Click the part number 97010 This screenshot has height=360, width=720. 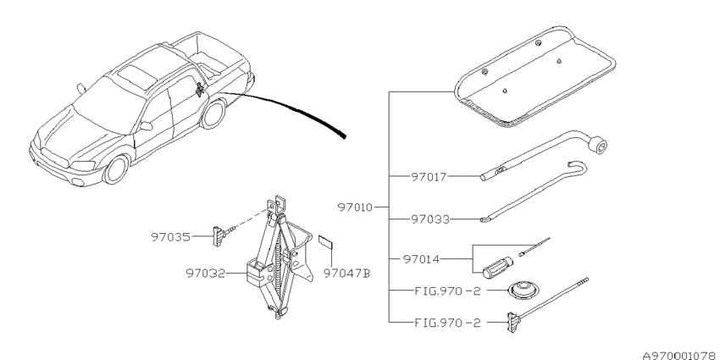355,207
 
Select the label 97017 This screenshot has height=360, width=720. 429,177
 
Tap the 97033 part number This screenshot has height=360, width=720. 429,219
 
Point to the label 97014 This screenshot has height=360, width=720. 421,259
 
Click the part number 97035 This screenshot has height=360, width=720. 170,237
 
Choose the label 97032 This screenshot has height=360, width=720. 205,274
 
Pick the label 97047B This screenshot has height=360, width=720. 346,274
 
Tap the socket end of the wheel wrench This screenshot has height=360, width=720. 598,147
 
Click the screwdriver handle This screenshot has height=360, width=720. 497,268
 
